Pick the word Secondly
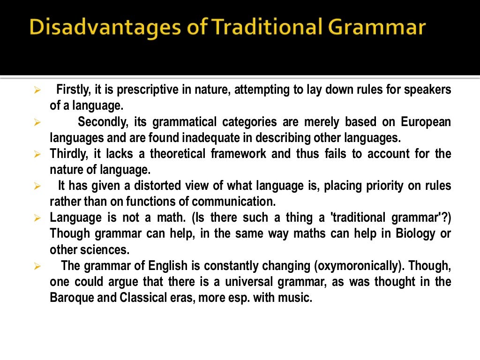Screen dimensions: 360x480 (x=101, y=122)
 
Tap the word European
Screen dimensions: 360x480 (x=426, y=122)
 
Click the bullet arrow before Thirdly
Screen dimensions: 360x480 (x=38, y=154)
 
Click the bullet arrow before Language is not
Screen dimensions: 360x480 (x=38, y=218)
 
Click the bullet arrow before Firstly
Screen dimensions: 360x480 (x=38, y=90)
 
